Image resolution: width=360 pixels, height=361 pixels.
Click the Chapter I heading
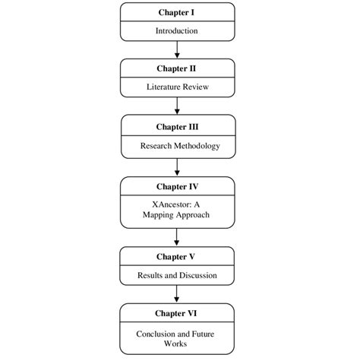(176, 12)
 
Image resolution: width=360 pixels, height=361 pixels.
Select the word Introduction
(177, 31)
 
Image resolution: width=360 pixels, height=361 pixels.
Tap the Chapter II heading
(176, 68)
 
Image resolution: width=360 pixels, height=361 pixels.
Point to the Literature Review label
(178, 87)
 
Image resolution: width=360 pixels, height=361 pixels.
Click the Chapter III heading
(177, 127)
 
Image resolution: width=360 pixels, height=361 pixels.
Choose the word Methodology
(197, 146)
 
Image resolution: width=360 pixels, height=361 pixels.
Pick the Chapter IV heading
(177, 187)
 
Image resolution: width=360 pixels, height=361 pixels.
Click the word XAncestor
(172, 204)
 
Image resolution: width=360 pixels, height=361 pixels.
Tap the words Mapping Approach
(176, 215)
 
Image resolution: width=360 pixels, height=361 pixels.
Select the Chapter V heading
(175, 257)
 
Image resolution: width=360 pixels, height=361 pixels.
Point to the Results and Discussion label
(177, 275)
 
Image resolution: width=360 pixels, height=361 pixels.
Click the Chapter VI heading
(176, 313)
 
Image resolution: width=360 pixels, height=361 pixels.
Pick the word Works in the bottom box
(175, 344)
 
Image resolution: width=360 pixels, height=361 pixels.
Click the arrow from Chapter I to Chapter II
(177, 49)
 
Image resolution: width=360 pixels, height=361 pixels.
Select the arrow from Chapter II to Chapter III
(177, 106)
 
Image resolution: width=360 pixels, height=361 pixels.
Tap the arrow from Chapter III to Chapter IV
(177, 167)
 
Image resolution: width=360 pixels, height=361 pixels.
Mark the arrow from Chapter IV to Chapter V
(177, 237)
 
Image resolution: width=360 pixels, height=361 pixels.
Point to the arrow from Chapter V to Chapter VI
(177, 294)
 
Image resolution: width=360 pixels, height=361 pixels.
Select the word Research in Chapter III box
(156, 146)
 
